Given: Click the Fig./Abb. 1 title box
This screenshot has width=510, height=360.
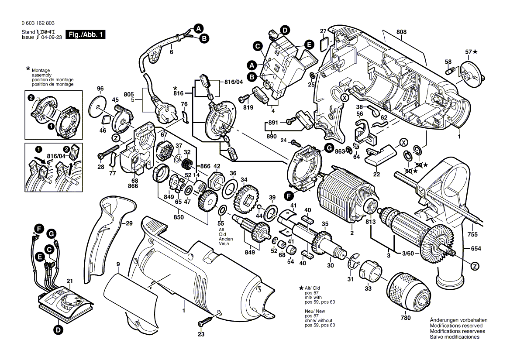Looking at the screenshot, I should click(85, 34).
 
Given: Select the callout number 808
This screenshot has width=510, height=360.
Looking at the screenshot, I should click(402, 32).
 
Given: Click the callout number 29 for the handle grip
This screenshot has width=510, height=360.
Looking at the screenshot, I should click(129, 223).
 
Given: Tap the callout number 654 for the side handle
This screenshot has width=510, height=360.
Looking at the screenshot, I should click(476, 248).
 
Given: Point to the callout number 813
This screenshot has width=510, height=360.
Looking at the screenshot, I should click(370, 221).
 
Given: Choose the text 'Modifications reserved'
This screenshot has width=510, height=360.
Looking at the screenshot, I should click(456, 326).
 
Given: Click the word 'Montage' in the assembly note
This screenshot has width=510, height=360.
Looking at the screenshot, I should click(41, 70).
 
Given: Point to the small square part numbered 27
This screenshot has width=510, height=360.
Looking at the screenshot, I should click(324, 42).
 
